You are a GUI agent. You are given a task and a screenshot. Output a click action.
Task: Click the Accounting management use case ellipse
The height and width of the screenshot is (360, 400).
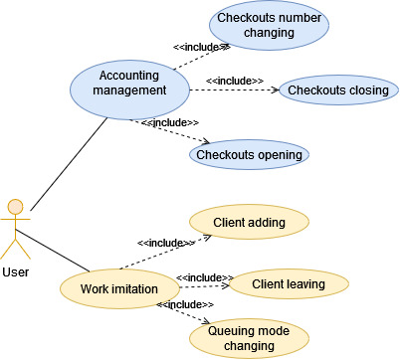pyautogui.click(x=129, y=84)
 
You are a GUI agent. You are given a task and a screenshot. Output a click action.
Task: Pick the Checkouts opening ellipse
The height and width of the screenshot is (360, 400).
pyautogui.click(x=250, y=154)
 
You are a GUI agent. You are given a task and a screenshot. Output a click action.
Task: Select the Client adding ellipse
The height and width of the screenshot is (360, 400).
pyautogui.click(x=249, y=223)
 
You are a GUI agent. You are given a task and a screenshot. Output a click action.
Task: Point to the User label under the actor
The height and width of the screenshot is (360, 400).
pyautogui.click(x=15, y=270)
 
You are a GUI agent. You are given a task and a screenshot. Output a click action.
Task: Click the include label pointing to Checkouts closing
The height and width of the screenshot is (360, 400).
pyautogui.click(x=234, y=81)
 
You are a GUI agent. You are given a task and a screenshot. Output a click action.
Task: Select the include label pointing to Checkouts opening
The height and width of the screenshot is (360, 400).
pyautogui.click(x=170, y=122)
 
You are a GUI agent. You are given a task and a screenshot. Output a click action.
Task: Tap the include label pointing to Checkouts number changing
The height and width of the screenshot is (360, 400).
pyautogui.click(x=202, y=46)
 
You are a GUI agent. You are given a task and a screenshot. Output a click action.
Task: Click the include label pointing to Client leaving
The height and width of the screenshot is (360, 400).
pyautogui.click(x=205, y=277)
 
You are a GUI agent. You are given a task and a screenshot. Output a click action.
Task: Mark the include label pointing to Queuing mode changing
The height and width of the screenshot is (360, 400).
pyautogui.click(x=185, y=304)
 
